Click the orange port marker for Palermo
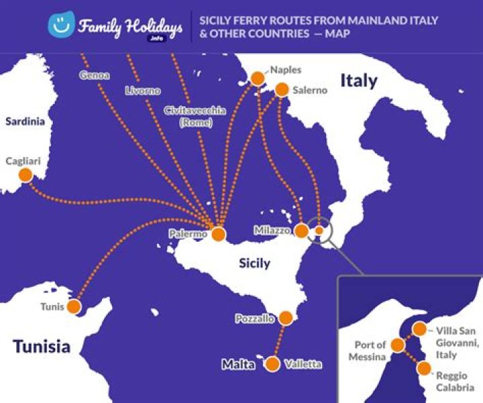click(218, 234)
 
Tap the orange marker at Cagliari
click(25, 175)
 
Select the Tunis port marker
click(74, 306)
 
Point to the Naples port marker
click(257, 79)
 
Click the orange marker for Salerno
click(282, 89)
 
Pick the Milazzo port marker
click(302, 230)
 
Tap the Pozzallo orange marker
click(286, 318)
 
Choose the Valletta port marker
click(272, 364)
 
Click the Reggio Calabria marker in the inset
click(423, 368)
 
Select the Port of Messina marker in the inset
click(398, 345)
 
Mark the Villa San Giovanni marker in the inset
click(419, 329)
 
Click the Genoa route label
click(94, 76)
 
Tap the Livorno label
click(142, 90)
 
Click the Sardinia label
click(25, 122)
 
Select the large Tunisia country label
click(42, 347)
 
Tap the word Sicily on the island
click(255, 263)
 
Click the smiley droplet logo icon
click(60, 26)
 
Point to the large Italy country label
click(359, 81)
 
